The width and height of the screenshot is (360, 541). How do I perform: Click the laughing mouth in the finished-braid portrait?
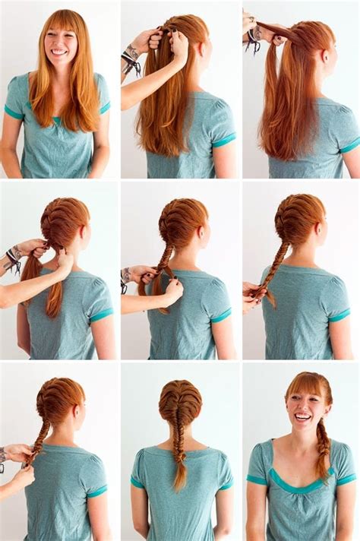click(x=302, y=416)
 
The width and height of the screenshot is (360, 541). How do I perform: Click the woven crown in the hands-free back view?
click(x=180, y=403)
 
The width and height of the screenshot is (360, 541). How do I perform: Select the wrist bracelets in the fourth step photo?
click(x=12, y=259)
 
